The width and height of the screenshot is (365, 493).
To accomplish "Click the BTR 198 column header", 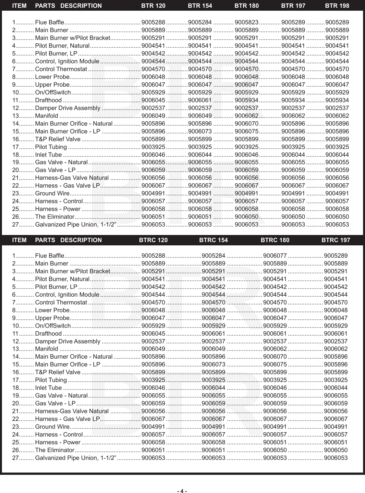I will [x=337, y=6].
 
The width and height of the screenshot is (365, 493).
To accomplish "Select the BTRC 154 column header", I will [x=213, y=240].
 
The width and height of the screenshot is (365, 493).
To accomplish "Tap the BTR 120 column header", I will [x=153, y=6].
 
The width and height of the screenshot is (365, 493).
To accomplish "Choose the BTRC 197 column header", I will [x=335, y=240].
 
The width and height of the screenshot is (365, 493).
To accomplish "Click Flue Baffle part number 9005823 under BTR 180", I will [x=246, y=22].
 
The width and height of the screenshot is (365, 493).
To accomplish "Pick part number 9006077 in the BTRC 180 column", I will [x=275, y=255].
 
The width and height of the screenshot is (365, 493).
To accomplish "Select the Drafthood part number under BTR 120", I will [x=153, y=100].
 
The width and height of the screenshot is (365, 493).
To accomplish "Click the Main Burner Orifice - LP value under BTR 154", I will [x=200, y=131].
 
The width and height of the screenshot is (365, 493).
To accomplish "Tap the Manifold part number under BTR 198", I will [x=337, y=116].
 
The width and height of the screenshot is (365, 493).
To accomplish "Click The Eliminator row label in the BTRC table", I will [x=55, y=450].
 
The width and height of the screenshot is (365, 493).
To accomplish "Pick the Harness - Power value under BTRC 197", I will [x=335, y=442].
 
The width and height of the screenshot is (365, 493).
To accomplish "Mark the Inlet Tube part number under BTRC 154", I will [x=213, y=388].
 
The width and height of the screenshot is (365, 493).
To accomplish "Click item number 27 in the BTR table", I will [x=15, y=225].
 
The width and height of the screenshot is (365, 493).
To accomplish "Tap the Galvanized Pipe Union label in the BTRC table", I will [x=76, y=458].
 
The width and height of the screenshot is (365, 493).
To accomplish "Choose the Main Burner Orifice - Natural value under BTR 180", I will [x=246, y=124].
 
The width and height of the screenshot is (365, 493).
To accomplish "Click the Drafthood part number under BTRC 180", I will [x=275, y=333].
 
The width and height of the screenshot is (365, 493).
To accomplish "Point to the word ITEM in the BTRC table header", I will [x=19, y=240].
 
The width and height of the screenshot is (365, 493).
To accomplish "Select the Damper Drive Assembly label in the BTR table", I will [x=67, y=108].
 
